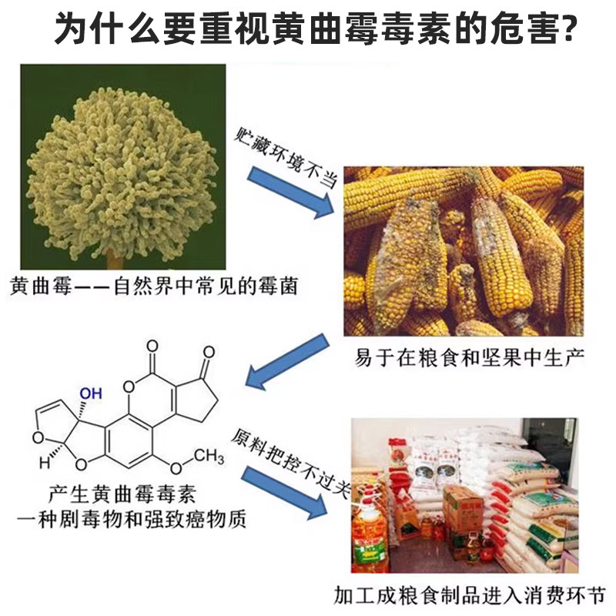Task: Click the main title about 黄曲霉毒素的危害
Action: coord(308,29)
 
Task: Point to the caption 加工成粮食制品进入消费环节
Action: coord(470,595)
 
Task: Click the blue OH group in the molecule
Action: coord(90,393)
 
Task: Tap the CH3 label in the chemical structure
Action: coord(207,457)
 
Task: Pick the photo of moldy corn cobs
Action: coord(463,251)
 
